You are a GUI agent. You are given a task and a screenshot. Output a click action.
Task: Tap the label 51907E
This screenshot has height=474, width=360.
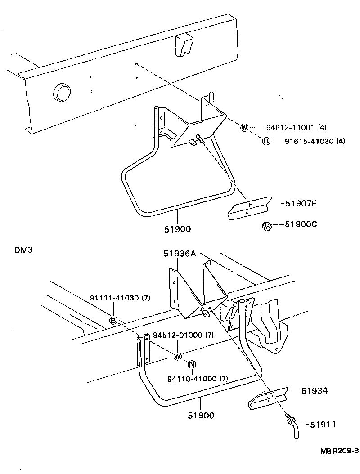(x=301, y=204)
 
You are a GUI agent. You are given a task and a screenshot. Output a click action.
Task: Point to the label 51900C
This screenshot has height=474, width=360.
(x=301, y=224)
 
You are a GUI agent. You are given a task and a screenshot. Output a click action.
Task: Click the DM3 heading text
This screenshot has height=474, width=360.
(x=23, y=251)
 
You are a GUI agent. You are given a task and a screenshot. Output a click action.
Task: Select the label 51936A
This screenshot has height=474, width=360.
(x=179, y=254)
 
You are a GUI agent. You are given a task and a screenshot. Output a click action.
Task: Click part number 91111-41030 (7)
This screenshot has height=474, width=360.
(x=120, y=298)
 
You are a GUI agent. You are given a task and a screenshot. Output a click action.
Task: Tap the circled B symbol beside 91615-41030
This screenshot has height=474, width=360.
(x=266, y=141)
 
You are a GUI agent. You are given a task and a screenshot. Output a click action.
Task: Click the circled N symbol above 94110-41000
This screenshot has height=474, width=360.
(x=191, y=364)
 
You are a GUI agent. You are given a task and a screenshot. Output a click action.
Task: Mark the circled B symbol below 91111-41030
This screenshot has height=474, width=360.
(x=114, y=320)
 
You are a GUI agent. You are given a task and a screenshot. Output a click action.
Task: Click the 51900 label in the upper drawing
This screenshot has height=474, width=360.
(x=177, y=229)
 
